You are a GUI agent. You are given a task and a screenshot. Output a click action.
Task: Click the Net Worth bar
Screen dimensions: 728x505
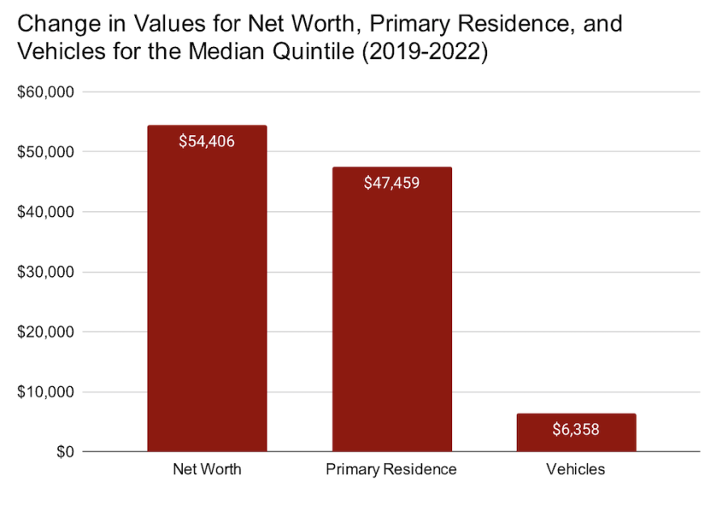coord(207,288)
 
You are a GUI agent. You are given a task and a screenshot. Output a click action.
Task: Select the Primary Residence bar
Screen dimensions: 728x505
coord(392,309)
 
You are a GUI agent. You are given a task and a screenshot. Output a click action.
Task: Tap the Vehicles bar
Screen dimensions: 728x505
coord(576,432)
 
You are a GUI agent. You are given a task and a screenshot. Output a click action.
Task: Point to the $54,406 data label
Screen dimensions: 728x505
coord(206,142)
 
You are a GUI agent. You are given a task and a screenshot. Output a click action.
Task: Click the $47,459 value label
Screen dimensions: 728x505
coord(392,183)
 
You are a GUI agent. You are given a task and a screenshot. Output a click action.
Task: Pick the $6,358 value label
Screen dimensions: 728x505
coord(576,429)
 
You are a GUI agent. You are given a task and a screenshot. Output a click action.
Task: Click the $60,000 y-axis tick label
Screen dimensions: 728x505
coord(45,92)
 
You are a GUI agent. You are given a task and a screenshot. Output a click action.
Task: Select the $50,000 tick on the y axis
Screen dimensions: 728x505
coord(45,152)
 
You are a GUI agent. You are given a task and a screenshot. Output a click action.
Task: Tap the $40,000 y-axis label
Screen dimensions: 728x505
coord(45,212)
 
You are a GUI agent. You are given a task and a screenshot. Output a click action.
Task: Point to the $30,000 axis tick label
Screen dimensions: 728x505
coord(45,272)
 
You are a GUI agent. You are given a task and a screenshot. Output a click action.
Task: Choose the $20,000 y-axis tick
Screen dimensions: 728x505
coord(45,332)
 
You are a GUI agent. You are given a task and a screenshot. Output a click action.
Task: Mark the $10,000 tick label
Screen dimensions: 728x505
coord(45,392)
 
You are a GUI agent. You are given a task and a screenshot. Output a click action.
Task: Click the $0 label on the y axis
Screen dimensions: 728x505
coord(65,452)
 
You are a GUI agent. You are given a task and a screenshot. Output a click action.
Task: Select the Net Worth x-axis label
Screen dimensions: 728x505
coord(207,469)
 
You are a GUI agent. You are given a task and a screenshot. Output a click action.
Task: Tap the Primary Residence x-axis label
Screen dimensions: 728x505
coord(392,469)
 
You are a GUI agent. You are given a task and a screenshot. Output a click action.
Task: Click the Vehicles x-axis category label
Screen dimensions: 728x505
coord(576,469)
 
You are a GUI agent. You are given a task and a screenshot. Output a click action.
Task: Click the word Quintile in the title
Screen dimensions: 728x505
coord(313,51)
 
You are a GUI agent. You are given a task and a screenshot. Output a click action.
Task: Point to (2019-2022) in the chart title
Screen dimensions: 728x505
coord(425,51)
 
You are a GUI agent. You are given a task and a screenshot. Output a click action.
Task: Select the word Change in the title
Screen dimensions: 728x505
coord(59,23)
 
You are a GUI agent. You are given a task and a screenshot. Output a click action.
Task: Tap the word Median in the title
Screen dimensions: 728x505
coord(227,51)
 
